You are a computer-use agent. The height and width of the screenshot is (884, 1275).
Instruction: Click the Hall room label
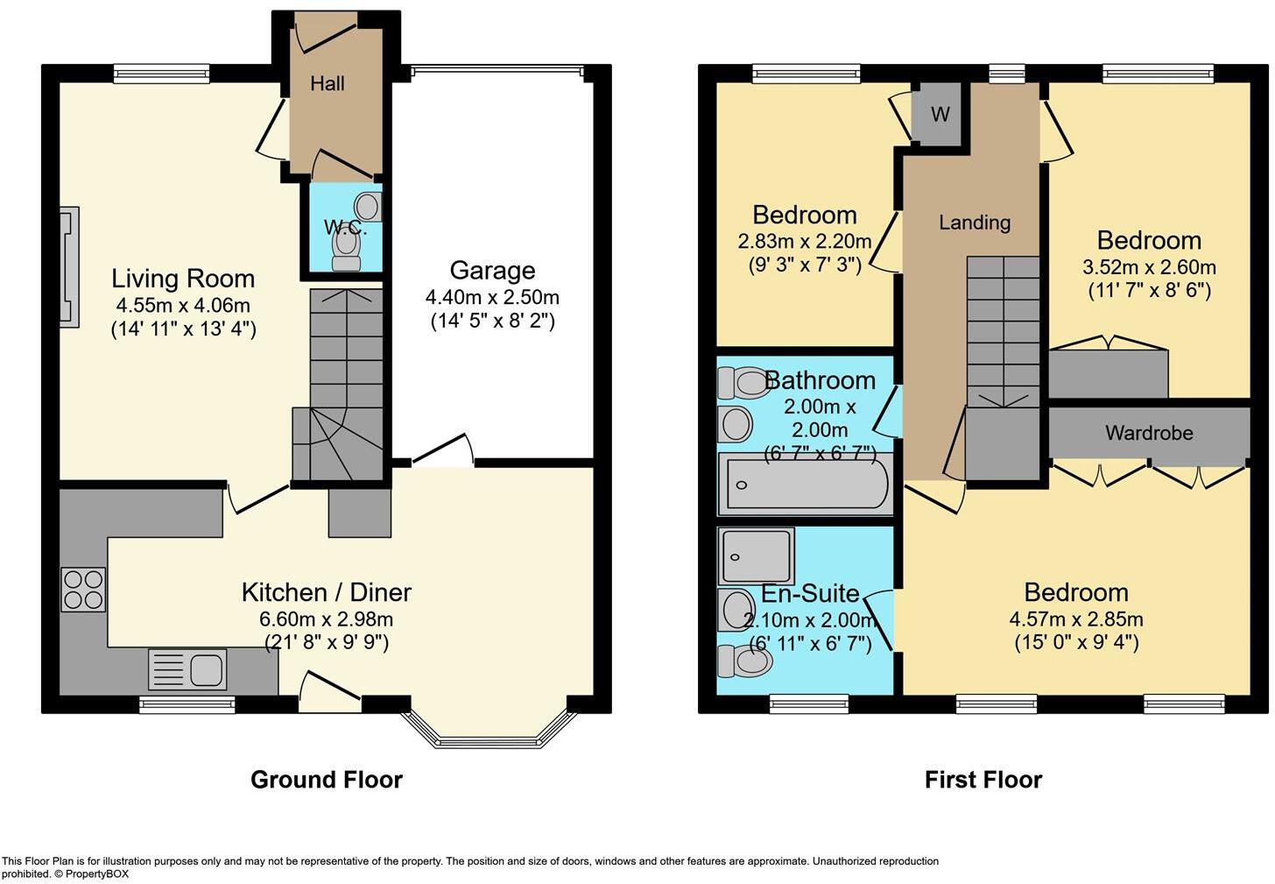328,84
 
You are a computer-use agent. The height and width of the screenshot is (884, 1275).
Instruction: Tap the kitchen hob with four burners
83,590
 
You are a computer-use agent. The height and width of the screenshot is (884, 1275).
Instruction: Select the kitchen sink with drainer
187,669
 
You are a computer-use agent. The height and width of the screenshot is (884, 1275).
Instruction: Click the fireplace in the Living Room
69,266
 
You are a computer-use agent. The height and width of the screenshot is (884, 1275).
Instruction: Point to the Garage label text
492,271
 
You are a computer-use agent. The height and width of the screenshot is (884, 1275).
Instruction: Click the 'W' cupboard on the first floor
940,114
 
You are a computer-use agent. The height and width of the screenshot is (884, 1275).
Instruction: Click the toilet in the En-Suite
744,661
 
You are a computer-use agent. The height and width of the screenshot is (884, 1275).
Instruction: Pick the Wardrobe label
1149,433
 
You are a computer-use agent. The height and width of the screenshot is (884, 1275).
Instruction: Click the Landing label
975,223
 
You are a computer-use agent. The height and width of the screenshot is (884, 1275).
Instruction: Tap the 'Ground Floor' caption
326,779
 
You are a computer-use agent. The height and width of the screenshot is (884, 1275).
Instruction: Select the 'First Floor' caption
983,779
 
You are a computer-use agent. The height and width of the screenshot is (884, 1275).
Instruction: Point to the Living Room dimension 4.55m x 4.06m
183,305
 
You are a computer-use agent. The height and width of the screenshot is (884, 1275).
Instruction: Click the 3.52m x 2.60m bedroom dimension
1149,266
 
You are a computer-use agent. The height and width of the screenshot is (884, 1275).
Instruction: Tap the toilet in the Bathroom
743,383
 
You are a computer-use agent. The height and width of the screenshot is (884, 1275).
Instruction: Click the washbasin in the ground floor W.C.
369,206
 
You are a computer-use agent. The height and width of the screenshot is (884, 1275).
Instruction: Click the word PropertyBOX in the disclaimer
96,873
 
